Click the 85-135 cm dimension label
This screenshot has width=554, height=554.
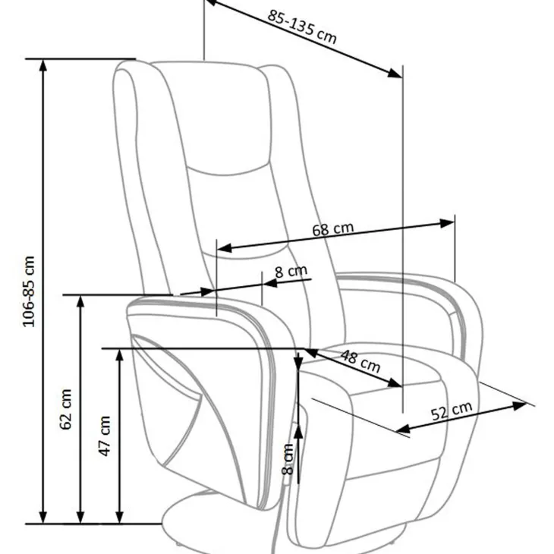pos(302,27)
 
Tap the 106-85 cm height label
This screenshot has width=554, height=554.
pos(29,291)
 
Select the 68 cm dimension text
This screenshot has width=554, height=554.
pos(333,229)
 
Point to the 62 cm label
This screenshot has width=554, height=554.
pos(66,409)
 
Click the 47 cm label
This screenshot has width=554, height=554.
pos(105,436)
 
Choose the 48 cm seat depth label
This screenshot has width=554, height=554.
pos(360,361)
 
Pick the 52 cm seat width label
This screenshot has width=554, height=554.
pos(452,411)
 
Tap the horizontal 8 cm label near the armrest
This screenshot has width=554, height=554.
pos(291,272)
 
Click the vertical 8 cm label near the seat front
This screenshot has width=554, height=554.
pos(288,459)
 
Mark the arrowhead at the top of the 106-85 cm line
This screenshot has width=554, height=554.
pos(42,67)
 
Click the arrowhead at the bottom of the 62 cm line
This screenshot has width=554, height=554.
pos(81,516)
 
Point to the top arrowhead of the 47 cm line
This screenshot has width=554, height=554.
pos(120,356)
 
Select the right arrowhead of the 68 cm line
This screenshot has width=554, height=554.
pos(446,223)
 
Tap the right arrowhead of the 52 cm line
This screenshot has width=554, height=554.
pos(519,405)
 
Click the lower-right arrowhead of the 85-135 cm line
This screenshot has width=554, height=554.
pos(395,73)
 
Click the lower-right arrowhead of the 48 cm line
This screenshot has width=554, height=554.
pos(395,383)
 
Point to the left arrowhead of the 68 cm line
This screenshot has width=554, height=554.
pos(225,248)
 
